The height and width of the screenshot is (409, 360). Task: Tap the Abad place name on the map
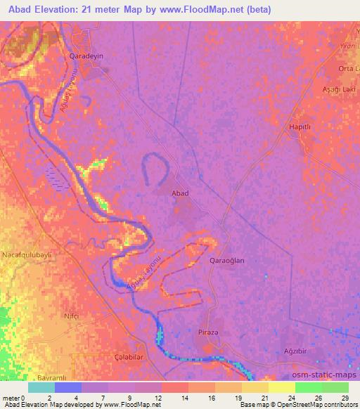pos(181,192)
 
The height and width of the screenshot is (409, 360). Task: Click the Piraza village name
pos(210,332)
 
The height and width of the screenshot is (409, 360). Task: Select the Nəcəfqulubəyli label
pos(27,253)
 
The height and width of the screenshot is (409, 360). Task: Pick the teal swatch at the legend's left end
pos(41,387)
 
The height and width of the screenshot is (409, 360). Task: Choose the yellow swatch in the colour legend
pos(281,387)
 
